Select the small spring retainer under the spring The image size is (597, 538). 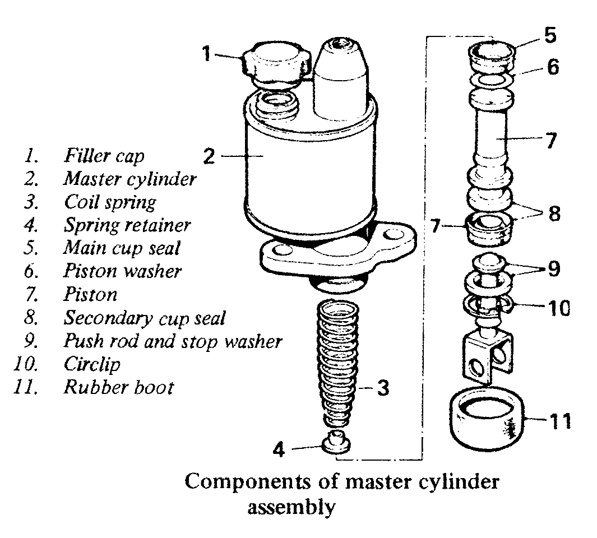pyautogui.click(x=337, y=441)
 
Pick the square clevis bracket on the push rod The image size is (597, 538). pyautogui.click(x=488, y=356)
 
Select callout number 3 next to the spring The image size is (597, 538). pyautogui.click(x=382, y=388)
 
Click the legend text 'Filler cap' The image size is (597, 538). pyautogui.click(x=104, y=155)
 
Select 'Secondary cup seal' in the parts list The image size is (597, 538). pyautogui.click(x=144, y=318)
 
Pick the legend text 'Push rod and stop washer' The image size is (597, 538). pyautogui.click(x=173, y=341)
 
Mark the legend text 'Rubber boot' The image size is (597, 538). pyautogui.click(x=118, y=387)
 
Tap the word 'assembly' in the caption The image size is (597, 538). pyautogui.click(x=291, y=508)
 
